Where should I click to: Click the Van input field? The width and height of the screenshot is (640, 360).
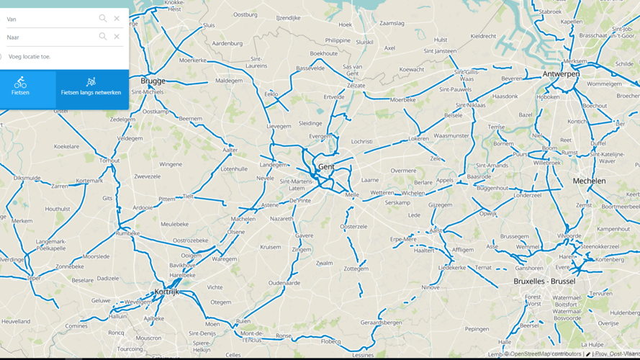pos(50,19)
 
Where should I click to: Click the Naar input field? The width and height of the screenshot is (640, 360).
pos(50,37)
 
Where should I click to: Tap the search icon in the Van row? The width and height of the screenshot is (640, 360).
pos(103,19)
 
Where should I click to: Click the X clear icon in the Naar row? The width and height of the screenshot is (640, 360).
pos(117,37)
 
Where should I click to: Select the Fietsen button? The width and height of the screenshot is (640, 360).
pos(20,87)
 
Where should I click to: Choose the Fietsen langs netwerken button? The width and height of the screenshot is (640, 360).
pos(91,87)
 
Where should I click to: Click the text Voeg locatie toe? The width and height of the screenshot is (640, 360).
pos(30,56)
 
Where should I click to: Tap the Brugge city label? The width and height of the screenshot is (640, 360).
pos(153,81)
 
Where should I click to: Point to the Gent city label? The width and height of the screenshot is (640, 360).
pos(326,166)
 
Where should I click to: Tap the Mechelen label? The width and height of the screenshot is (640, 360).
pos(589,181)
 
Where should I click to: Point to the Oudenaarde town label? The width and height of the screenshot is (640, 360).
pos(284,283)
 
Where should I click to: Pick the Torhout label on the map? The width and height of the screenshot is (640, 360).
pos(109,161)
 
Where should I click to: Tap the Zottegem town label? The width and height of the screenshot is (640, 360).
pos(356,269)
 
